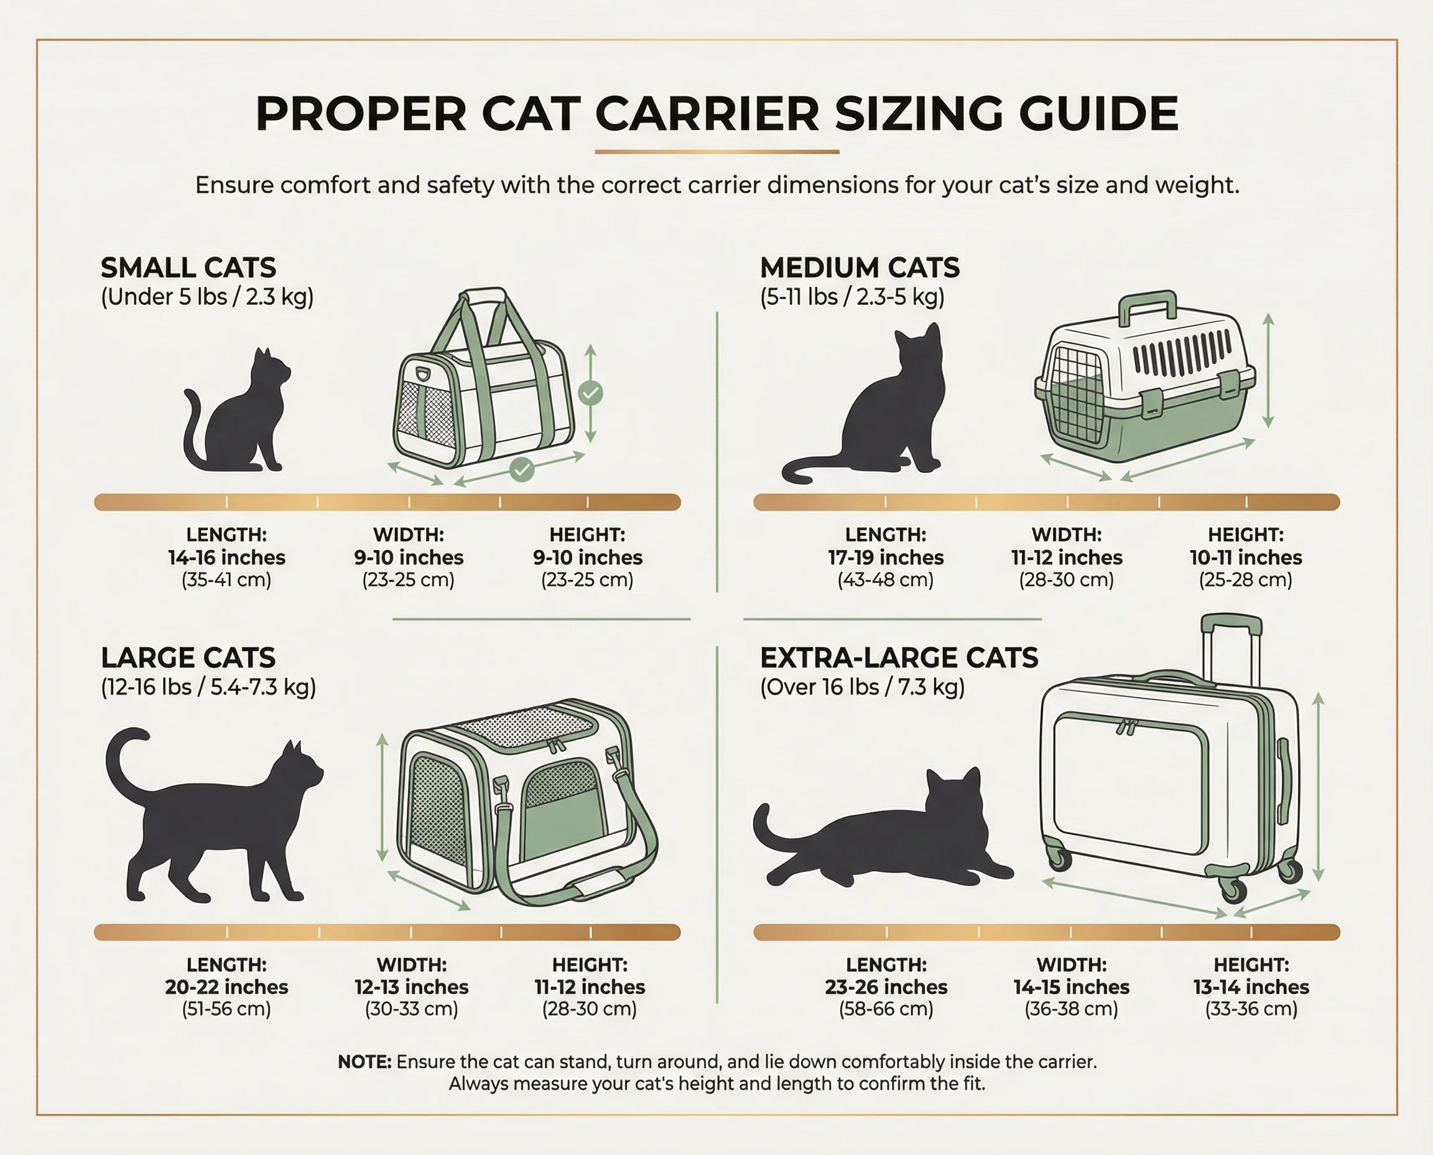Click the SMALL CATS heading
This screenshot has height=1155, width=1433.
(x=188, y=268)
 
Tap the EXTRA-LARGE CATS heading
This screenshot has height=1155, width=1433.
(x=899, y=657)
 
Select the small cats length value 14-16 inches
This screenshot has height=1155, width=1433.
(x=227, y=558)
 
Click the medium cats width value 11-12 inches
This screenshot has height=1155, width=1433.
(x=1067, y=558)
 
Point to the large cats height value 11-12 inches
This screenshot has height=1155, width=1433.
(x=590, y=987)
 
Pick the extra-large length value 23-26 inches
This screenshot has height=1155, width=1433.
(x=886, y=987)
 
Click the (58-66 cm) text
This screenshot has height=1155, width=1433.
(x=886, y=1009)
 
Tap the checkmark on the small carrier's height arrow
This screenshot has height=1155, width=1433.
(x=590, y=393)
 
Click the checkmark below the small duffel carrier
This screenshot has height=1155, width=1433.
(x=522, y=470)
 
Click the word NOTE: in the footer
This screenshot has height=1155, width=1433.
(x=364, y=1062)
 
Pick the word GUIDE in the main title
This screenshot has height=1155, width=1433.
(x=1098, y=113)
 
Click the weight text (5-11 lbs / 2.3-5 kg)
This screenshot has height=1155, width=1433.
(x=852, y=297)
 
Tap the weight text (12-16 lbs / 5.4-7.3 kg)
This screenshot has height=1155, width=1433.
(x=208, y=686)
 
